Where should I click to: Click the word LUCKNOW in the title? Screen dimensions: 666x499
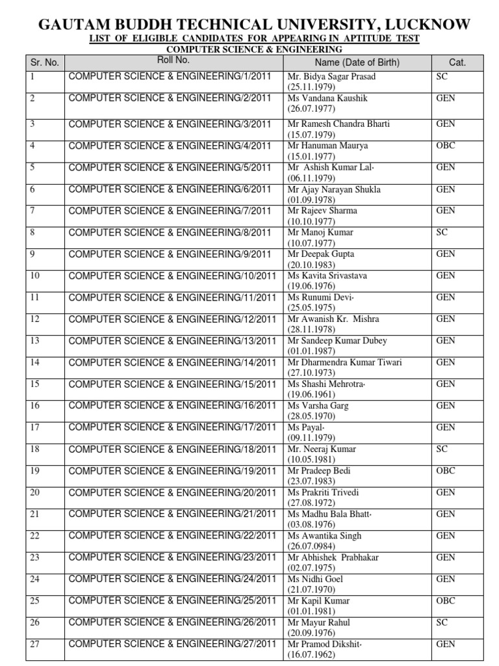pos(425,24)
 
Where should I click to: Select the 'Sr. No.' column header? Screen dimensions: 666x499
pos(44,62)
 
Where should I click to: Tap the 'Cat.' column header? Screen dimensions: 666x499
pos(457,62)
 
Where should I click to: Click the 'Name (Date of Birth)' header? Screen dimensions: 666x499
pos(357,62)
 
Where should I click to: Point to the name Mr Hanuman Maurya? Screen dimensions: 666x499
pos(327,146)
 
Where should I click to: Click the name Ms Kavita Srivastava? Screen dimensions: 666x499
pos(327,276)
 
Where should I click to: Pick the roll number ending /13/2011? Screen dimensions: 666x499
pos(172,341)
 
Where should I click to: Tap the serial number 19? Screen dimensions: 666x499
pos(35,471)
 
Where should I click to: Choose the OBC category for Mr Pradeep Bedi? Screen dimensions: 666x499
pos(446,471)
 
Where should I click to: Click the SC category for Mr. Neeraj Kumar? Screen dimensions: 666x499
pos(442,449)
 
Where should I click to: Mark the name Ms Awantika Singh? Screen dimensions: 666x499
pos(324,536)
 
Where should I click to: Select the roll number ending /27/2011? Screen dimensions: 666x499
pos(172,644)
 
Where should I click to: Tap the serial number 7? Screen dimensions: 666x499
pos(32,211)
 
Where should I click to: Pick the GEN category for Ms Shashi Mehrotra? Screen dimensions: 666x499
pos(446,384)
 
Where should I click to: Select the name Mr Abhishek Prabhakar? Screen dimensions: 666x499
pos(333,557)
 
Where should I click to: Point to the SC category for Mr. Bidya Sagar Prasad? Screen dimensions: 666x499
pos(442,76)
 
